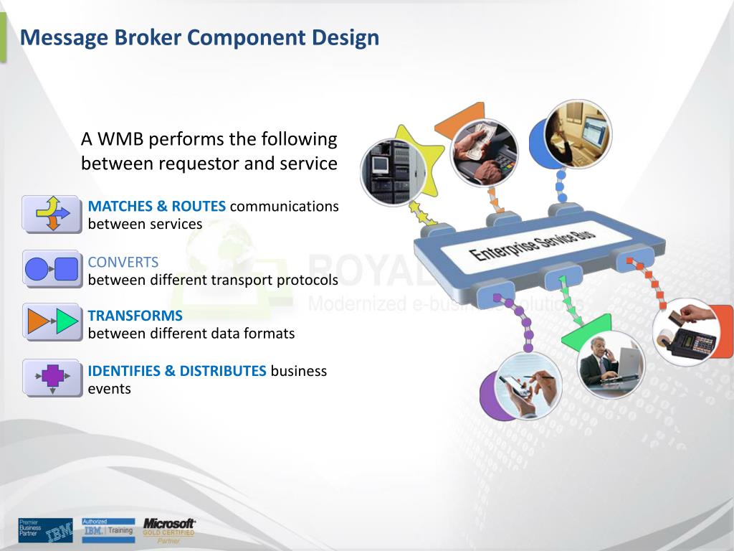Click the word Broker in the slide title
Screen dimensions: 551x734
pyautogui.click(x=151, y=37)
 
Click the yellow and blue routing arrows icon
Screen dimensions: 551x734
pyautogui.click(x=52, y=213)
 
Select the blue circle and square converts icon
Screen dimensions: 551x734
pyautogui.click(x=52, y=269)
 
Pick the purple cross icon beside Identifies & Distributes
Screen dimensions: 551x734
pyautogui.click(x=52, y=377)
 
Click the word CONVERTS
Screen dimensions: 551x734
pyautogui.click(x=123, y=262)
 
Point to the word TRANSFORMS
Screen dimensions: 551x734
pyautogui.click(x=135, y=316)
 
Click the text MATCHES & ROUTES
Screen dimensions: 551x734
pyautogui.click(x=157, y=207)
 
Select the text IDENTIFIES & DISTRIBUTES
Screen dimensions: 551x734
pyautogui.click(x=177, y=371)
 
